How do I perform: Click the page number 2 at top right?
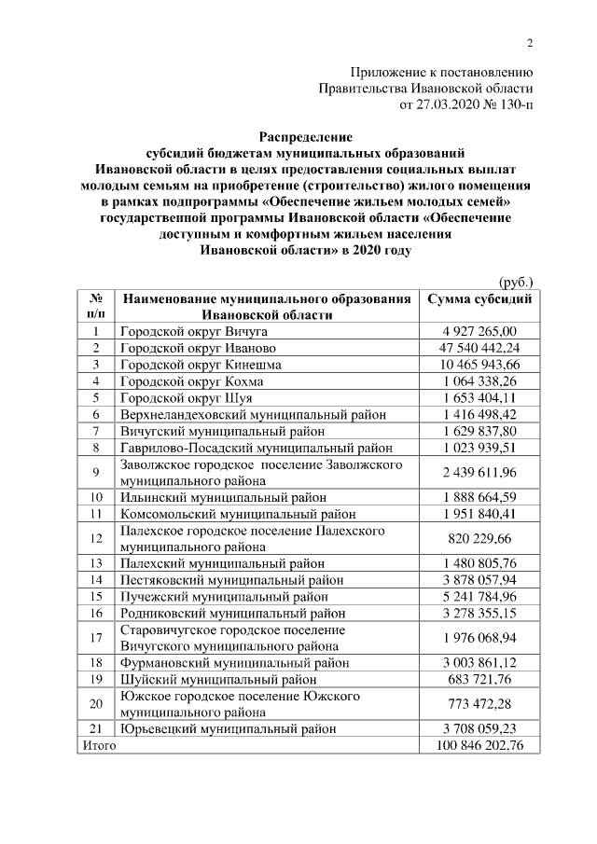(x=530, y=42)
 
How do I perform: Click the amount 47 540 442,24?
(x=479, y=348)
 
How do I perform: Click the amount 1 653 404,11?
(x=479, y=397)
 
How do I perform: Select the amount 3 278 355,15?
(x=479, y=613)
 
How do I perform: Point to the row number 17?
(x=95, y=638)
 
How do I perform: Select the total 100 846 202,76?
(x=479, y=746)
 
